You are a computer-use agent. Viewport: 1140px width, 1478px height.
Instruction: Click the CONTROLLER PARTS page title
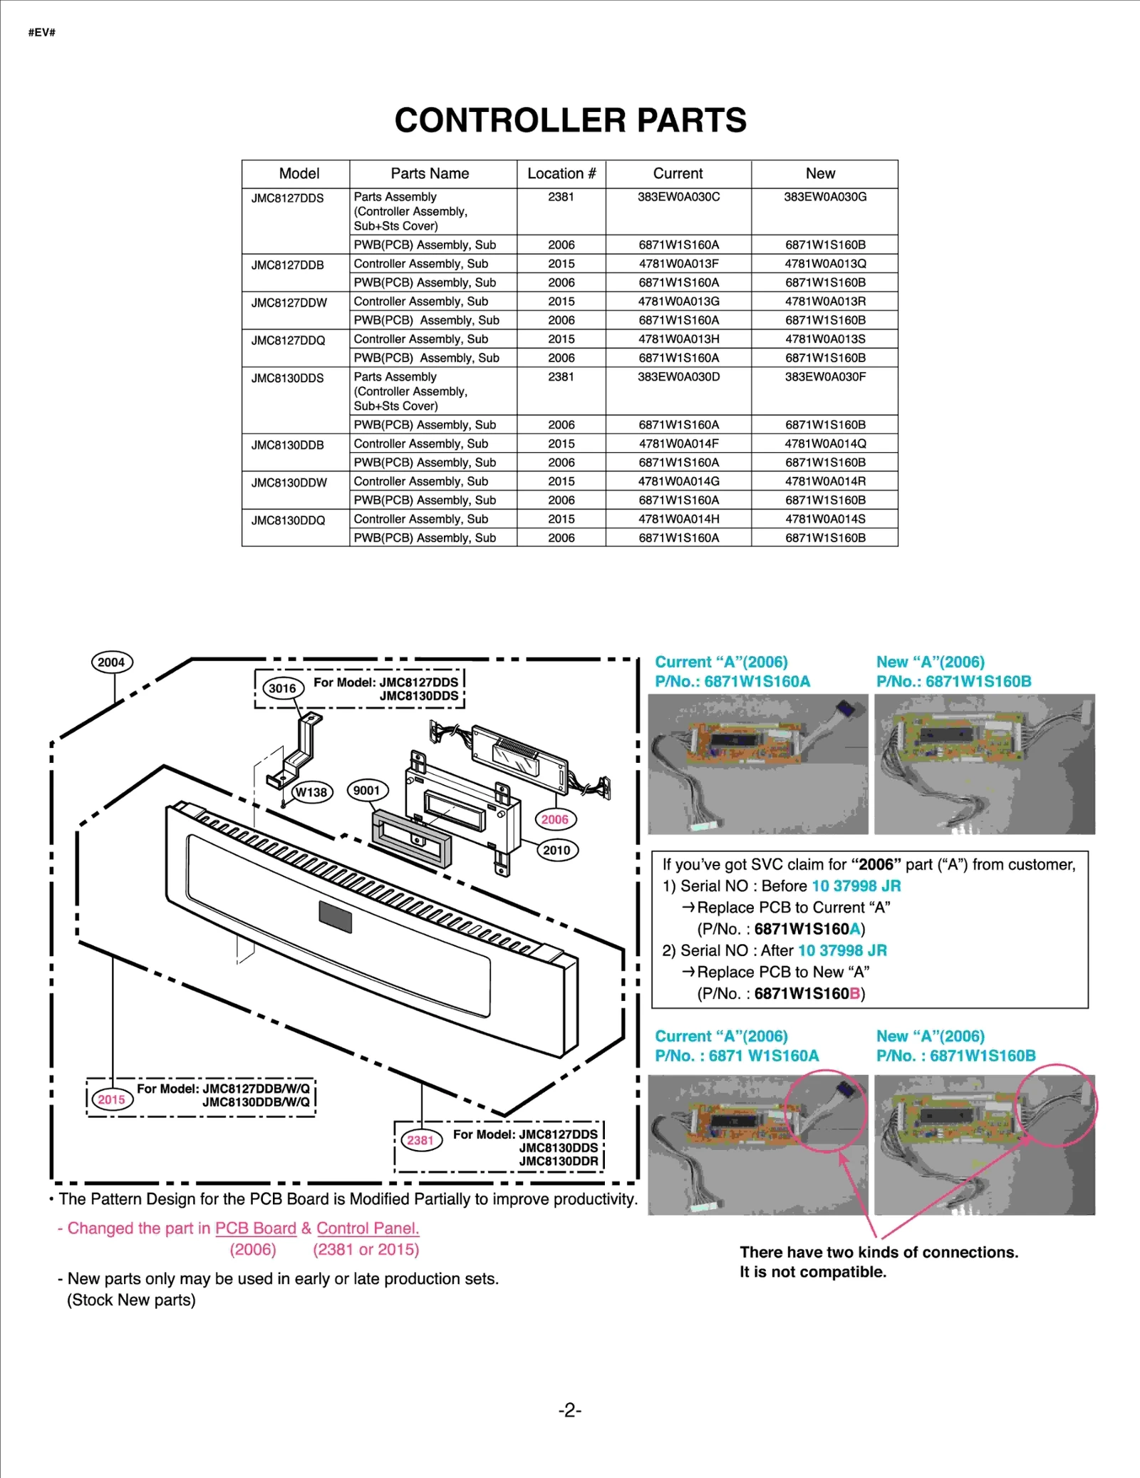pyautogui.click(x=570, y=120)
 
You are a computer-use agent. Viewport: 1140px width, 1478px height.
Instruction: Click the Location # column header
pyautogui.click(x=561, y=173)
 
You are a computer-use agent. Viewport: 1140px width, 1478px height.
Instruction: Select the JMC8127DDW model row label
pyautogui.click(x=289, y=302)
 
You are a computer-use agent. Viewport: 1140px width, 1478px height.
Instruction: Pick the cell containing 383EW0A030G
pyautogui.click(x=825, y=197)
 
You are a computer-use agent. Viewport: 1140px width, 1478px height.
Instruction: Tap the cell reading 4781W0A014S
pyautogui.click(x=825, y=519)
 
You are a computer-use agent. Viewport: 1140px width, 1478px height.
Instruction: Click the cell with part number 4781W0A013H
pyautogui.click(x=678, y=339)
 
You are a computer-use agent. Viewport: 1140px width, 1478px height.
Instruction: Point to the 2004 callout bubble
pyautogui.click(x=112, y=662)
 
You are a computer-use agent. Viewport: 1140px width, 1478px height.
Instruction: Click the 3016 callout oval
pyautogui.click(x=282, y=688)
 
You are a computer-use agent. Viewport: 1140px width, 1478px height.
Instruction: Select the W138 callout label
pyautogui.click(x=311, y=792)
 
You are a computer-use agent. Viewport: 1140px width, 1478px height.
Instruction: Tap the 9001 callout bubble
pyautogui.click(x=367, y=790)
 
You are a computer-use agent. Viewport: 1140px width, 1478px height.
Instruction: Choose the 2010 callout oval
pyautogui.click(x=556, y=850)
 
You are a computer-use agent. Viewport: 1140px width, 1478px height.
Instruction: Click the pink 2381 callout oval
pyautogui.click(x=420, y=1140)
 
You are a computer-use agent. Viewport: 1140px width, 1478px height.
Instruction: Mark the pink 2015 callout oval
pyautogui.click(x=111, y=1099)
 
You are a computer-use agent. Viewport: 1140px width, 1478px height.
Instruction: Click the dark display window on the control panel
pyautogui.click(x=336, y=917)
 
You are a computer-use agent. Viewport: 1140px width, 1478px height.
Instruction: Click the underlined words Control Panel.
pyautogui.click(x=368, y=1228)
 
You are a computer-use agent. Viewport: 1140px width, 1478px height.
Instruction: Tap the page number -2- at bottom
pyautogui.click(x=569, y=1410)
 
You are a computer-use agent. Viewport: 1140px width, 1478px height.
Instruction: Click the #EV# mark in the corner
pyautogui.click(x=42, y=33)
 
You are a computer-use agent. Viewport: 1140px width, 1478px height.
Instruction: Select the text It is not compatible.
pyautogui.click(x=812, y=1272)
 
